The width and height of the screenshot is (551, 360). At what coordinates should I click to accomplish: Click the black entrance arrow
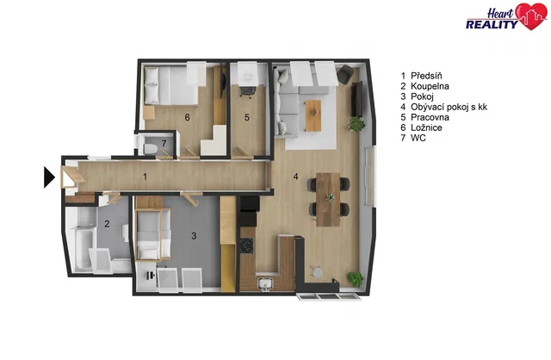tap(49, 177)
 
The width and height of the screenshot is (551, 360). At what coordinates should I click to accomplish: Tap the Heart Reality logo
tap(506, 16)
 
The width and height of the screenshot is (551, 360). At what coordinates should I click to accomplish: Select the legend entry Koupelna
tap(424, 86)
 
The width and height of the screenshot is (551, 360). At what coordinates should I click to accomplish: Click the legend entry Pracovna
tap(424, 117)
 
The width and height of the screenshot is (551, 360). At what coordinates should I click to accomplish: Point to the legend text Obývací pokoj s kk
tap(444, 107)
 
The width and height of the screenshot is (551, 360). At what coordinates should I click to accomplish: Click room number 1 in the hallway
tap(145, 177)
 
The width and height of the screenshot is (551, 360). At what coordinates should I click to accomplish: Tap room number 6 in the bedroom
tap(188, 117)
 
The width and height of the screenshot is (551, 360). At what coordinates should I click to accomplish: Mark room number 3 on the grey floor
tap(194, 236)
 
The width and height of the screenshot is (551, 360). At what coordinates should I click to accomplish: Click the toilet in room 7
tap(150, 147)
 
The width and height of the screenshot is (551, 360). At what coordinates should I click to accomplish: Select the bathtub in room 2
tap(84, 249)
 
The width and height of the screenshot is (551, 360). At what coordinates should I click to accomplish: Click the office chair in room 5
tap(247, 90)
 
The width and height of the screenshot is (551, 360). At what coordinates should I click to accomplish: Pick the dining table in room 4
tap(328, 199)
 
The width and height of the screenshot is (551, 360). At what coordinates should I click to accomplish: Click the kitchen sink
tap(266, 283)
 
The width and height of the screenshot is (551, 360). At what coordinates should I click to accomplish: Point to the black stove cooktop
tap(247, 245)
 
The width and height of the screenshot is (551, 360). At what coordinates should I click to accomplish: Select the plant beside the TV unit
tap(356, 124)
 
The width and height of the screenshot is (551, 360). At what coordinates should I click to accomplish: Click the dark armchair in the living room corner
tap(345, 74)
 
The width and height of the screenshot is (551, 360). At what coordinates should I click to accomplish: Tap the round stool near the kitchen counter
tap(317, 272)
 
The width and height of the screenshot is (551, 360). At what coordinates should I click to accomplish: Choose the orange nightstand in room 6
tap(149, 113)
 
